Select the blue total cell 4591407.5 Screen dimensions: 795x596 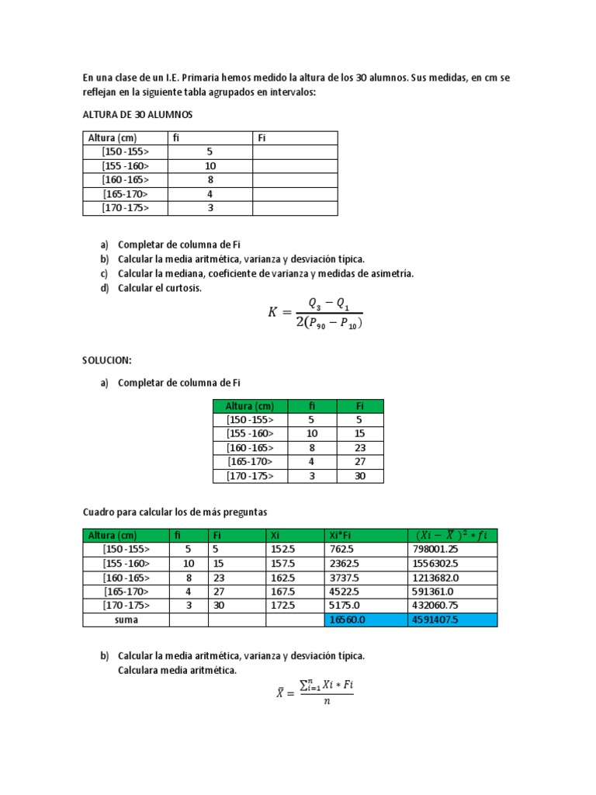435,620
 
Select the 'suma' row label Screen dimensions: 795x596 126,620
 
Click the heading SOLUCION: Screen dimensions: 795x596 107,361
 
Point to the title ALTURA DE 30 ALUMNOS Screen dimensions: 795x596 137,114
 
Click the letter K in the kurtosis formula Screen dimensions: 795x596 273,312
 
